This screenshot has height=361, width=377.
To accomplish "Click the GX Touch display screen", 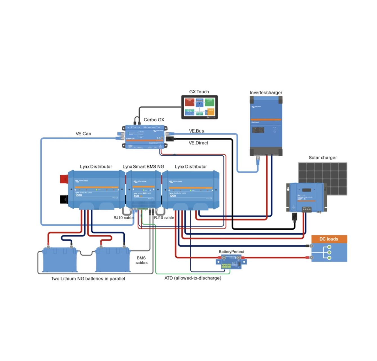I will pyautogui.click(x=199, y=107).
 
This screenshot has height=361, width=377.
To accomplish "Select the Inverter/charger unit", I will pyautogui.click(x=266, y=126).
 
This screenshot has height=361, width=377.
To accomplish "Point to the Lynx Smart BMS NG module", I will pyautogui.click(x=144, y=190).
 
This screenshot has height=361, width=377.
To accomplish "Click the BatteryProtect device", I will pyautogui.click(x=231, y=261).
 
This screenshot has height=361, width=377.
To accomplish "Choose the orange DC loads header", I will pyautogui.click(x=329, y=239).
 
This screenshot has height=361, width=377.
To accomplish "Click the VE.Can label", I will pyautogui.click(x=83, y=134).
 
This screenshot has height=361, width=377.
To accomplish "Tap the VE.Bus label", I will pyautogui.click(x=196, y=131).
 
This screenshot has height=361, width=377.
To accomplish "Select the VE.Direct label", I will pyautogui.click(x=198, y=143).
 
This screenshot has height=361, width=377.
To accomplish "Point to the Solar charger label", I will pyautogui.click(x=323, y=158).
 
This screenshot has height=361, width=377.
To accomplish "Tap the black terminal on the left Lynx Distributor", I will pyautogui.click(x=64, y=199).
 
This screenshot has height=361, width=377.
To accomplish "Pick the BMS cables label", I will pyautogui.click(x=141, y=260).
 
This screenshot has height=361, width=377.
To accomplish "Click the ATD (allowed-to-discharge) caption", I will pyautogui.click(x=193, y=278).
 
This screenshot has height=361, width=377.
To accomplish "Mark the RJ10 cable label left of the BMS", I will pyautogui.click(x=123, y=218).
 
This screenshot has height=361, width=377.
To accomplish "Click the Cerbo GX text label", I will pyautogui.click(x=154, y=120).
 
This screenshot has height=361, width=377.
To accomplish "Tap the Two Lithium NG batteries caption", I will pyautogui.click(x=88, y=279).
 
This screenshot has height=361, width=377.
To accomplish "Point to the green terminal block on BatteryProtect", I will pyautogui.click(x=226, y=266).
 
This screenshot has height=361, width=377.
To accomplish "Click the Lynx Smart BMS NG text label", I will pyautogui.click(x=143, y=167).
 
